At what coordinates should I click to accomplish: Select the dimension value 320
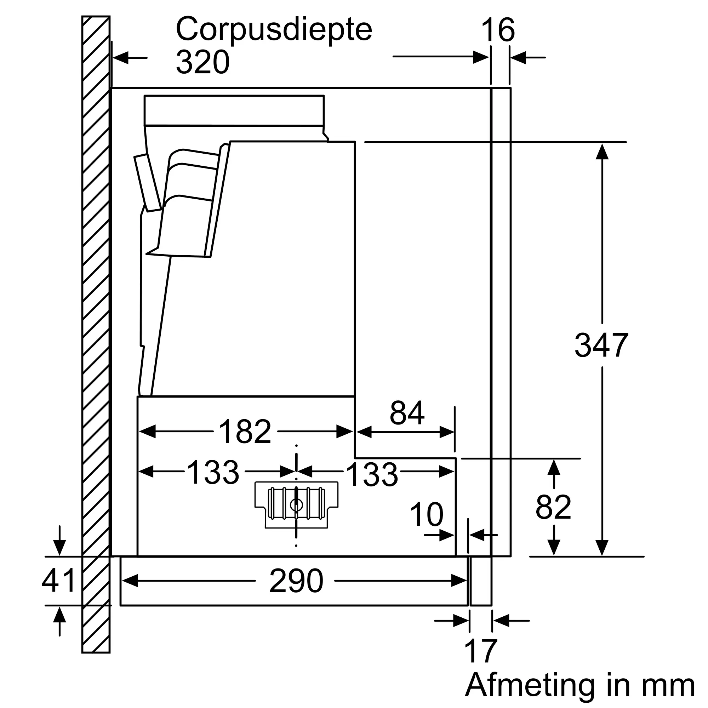point(202,62)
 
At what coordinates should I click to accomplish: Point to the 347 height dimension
point(601,345)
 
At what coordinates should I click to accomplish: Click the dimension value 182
point(245,431)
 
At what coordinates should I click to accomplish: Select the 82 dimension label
point(553,507)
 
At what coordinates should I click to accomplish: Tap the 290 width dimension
point(296,581)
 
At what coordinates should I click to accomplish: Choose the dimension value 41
point(59,580)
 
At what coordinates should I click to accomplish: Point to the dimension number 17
point(480,650)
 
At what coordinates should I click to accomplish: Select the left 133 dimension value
point(213,472)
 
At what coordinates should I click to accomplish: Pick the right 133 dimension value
point(372,475)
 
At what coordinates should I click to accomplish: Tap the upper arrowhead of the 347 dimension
point(602,152)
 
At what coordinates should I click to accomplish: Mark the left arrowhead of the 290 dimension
point(129,581)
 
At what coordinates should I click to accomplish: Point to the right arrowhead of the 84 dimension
point(447,432)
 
